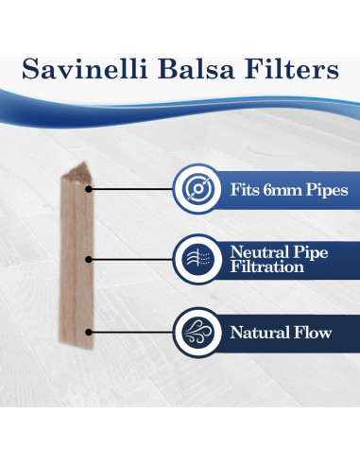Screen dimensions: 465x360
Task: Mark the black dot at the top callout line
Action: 90,189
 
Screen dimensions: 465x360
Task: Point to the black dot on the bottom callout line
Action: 90,333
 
